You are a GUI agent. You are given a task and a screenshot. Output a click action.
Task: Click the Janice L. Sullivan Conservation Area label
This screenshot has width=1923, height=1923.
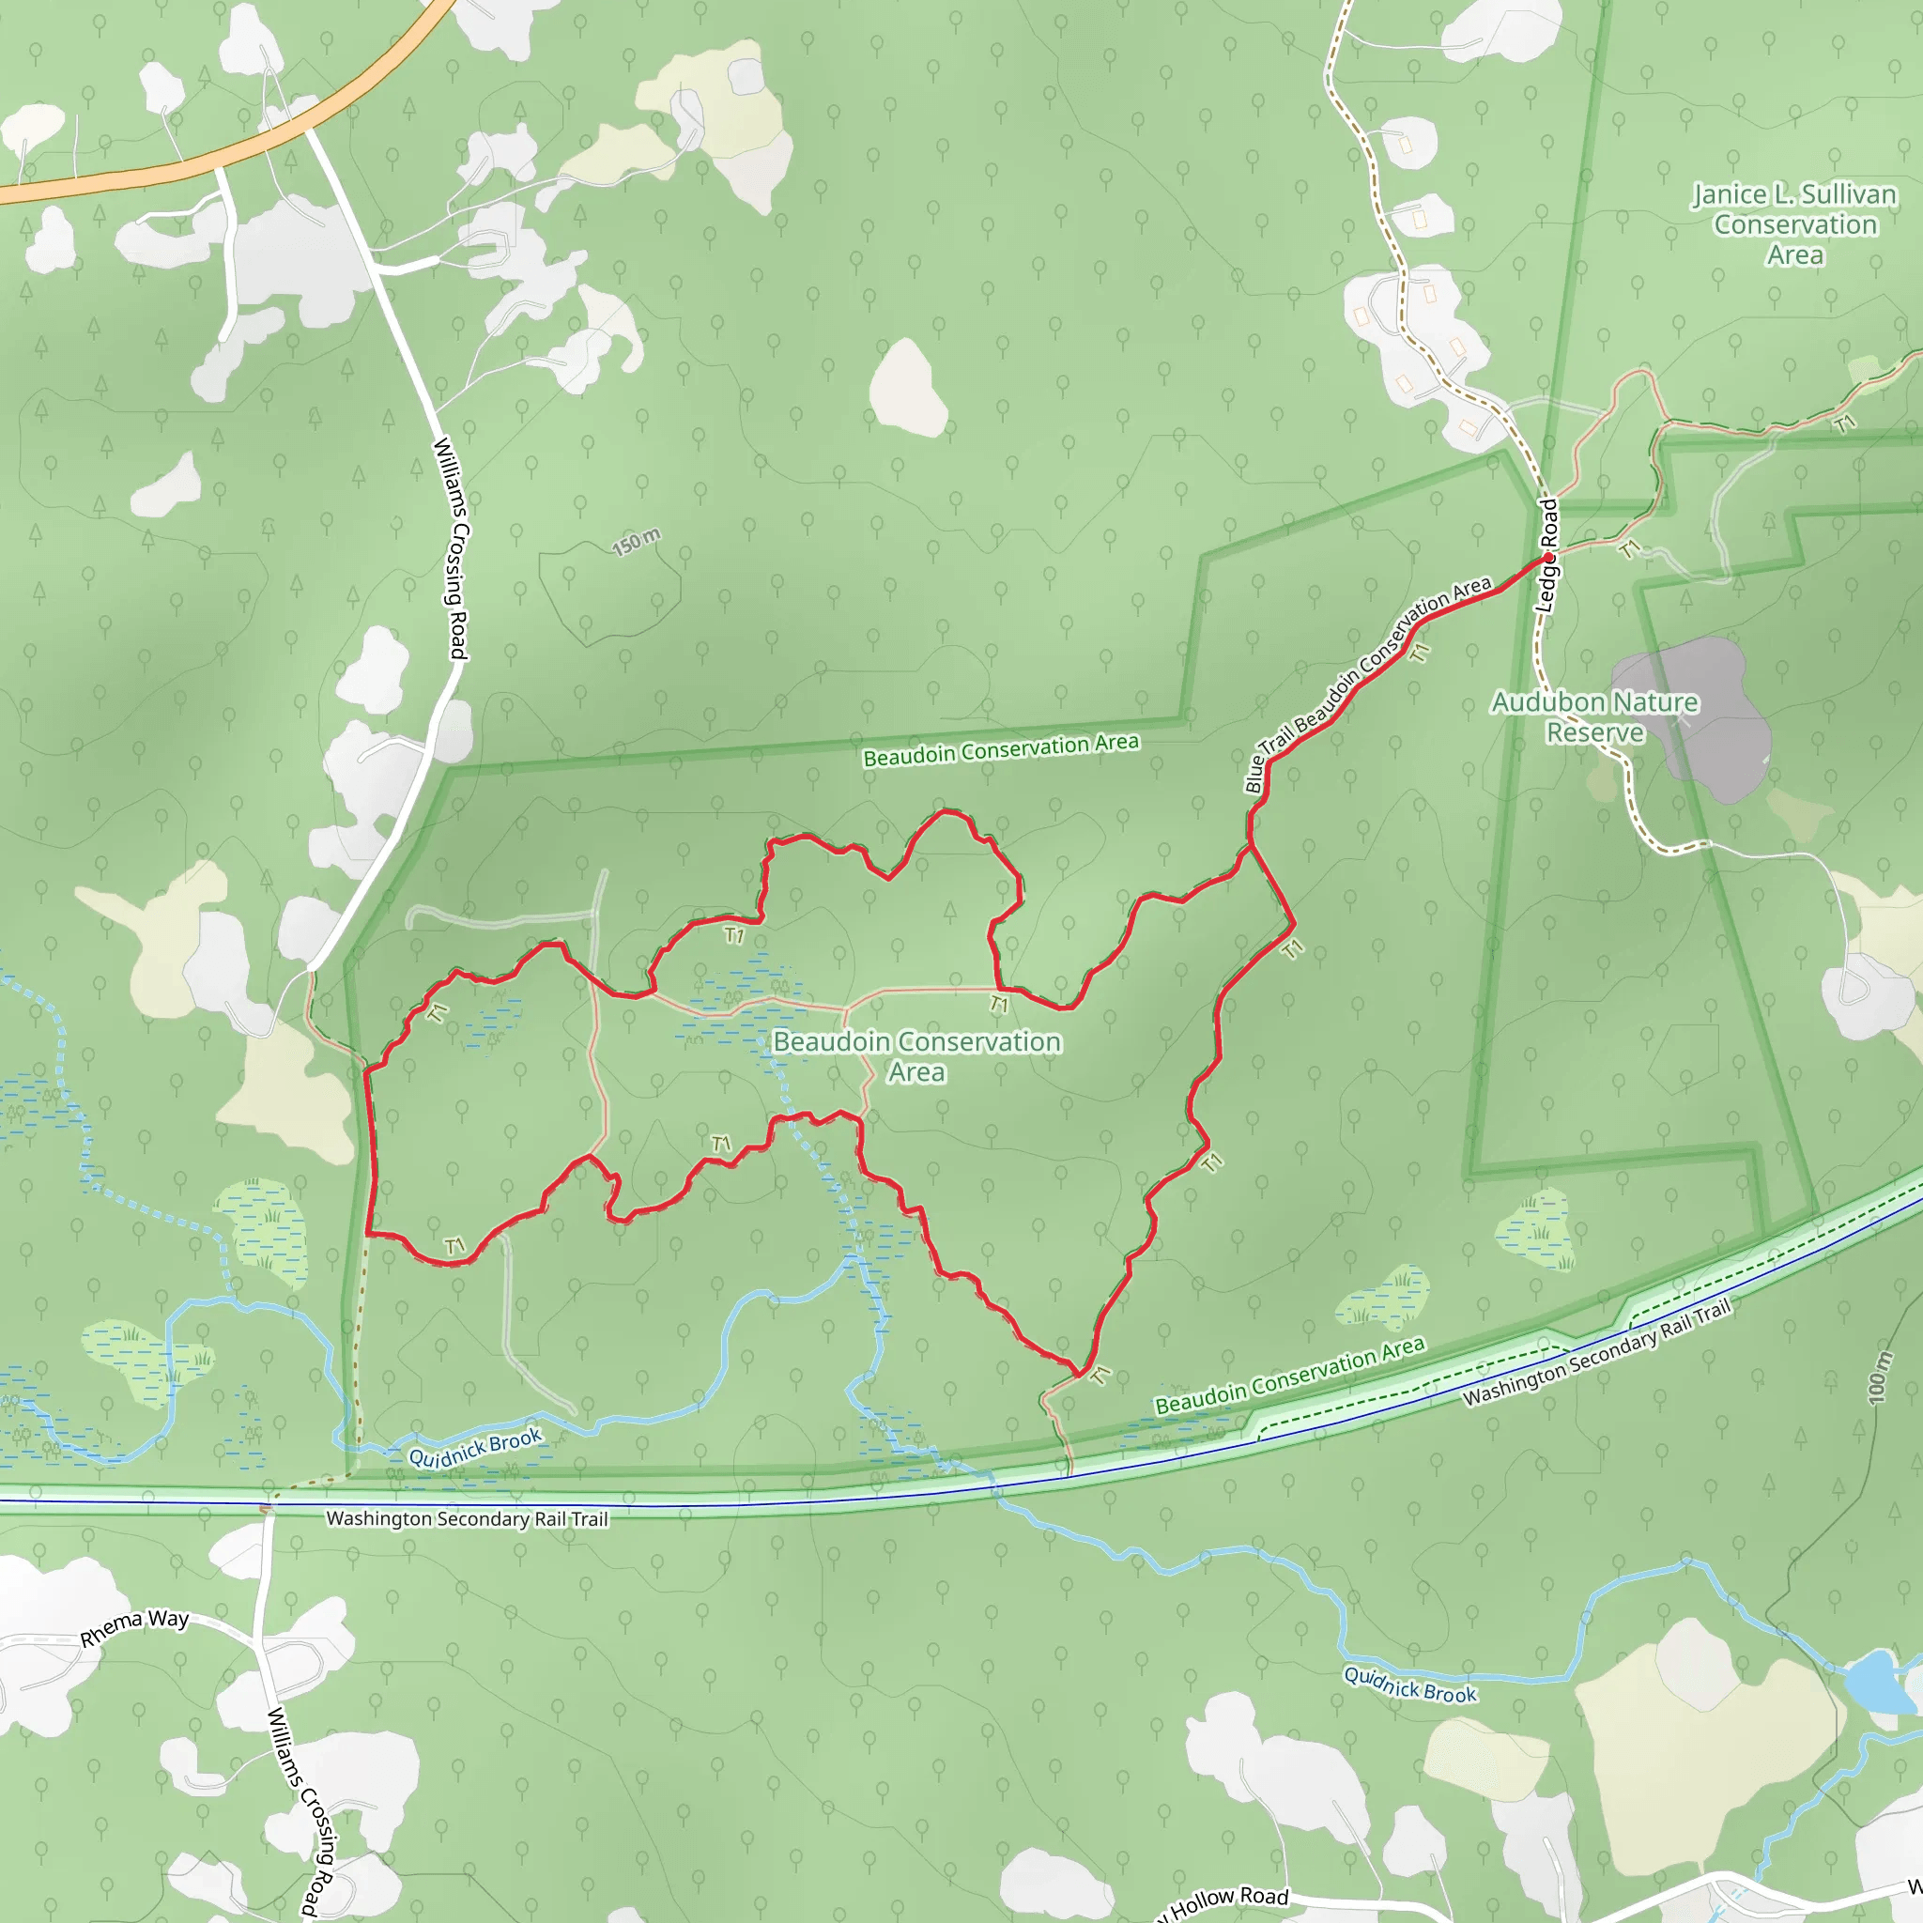click(x=1794, y=225)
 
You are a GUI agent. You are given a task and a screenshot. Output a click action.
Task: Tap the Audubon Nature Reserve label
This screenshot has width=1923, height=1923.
click(x=1593, y=716)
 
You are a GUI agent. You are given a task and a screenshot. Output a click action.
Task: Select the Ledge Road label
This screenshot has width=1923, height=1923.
click(x=1547, y=556)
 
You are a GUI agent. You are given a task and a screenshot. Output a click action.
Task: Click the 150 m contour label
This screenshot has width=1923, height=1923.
click(x=636, y=543)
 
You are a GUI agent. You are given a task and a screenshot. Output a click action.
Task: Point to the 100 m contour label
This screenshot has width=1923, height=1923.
click(x=1877, y=1377)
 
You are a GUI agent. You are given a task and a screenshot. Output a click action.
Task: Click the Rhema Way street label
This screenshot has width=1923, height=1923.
click(x=134, y=1626)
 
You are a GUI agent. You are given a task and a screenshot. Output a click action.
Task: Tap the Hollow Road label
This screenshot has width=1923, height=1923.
click(x=1228, y=1900)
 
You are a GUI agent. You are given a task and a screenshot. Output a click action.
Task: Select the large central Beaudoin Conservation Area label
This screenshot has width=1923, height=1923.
click(x=916, y=1056)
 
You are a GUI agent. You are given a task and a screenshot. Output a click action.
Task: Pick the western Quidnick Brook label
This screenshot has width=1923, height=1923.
click(x=476, y=1447)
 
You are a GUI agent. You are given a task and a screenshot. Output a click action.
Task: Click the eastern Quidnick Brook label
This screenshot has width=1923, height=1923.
click(x=1409, y=1685)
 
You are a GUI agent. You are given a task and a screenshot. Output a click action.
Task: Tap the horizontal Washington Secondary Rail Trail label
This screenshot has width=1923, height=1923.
click(x=467, y=1518)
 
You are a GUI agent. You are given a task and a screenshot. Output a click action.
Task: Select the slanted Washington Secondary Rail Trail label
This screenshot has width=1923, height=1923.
click(x=1596, y=1353)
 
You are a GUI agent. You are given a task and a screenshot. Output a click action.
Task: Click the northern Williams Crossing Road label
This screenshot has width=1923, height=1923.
click(x=451, y=547)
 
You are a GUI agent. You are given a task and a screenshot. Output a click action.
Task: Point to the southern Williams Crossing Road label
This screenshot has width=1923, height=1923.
click(x=300, y=1811)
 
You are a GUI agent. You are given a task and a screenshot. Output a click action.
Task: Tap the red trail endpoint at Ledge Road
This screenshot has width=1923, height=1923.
click(x=1546, y=559)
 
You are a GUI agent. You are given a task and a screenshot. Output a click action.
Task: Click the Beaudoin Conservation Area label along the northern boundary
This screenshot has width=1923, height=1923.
click(x=1000, y=749)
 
